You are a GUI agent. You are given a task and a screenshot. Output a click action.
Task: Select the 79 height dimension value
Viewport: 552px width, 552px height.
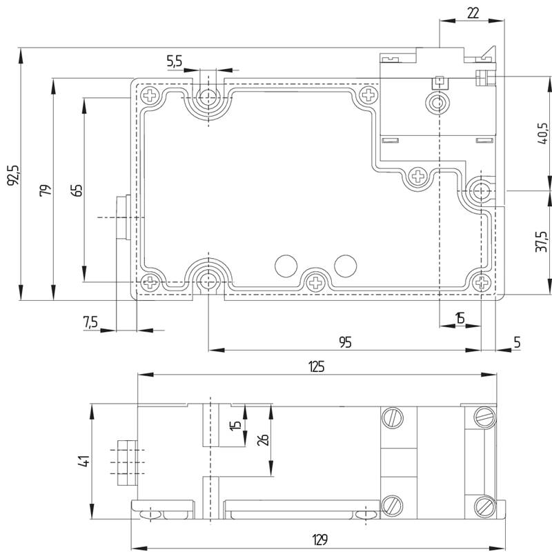(46, 190)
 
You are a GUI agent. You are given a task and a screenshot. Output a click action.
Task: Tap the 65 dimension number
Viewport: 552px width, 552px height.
(77, 190)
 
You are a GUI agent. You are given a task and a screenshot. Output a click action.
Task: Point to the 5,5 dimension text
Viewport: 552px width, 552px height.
(175, 61)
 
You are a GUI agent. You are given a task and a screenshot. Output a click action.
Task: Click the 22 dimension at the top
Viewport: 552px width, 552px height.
(473, 13)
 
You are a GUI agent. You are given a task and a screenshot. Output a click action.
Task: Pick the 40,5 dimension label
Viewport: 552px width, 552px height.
(542, 133)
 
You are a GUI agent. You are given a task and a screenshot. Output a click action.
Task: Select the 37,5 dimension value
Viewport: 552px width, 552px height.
(541, 241)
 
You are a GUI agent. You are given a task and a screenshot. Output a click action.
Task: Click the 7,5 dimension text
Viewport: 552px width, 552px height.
(90, 322)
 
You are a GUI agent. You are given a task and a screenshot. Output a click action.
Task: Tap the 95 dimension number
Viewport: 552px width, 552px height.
(346, 342)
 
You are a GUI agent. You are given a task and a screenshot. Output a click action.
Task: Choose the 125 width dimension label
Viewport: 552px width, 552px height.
(317, 367)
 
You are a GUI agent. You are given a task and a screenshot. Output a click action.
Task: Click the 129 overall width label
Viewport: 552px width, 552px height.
(319, 540)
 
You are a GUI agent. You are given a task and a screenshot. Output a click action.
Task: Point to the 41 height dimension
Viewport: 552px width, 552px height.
(83, 461)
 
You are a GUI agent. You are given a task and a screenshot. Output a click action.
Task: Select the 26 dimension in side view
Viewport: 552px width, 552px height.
(263, 440)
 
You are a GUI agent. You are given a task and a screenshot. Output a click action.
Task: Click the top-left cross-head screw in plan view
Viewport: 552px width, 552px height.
(150, 95)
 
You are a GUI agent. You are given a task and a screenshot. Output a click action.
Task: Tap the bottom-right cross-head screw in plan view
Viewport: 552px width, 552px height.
(482, 282)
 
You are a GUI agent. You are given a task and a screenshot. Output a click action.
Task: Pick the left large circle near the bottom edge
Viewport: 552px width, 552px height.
(286, 266)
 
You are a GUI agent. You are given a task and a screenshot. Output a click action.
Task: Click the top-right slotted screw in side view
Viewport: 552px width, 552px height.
(485, 417)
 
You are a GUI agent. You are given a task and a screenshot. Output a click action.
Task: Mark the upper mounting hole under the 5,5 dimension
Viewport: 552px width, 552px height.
(209, 96)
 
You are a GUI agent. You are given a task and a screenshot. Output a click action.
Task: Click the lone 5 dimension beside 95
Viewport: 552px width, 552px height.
(517, 342)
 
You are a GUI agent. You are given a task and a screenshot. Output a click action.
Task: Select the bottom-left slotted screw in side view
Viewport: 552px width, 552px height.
(392, 506)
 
